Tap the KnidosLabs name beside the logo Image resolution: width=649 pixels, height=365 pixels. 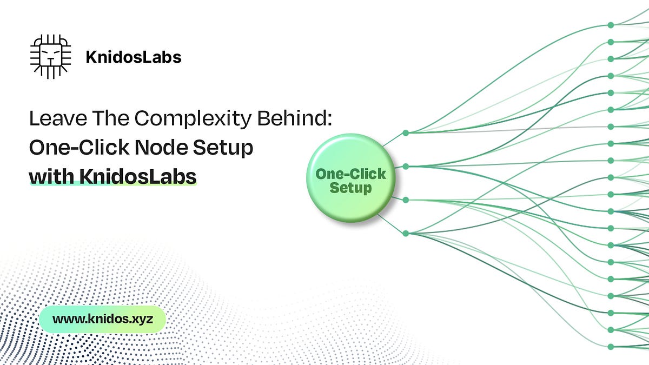pyautogui.click(x=133, y=57)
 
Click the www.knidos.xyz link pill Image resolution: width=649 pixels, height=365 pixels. pyautogui.click(x=102, y=318)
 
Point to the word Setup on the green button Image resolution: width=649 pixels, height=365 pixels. pyautogui.click(x=350, y=188)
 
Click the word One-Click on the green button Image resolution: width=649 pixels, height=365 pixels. pyautogui.click(x=350, y=174)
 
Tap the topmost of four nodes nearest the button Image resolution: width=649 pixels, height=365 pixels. pyautogui.click(x=406, y=132)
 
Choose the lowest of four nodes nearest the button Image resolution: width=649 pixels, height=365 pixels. pyautogui.click(x=406, y=234)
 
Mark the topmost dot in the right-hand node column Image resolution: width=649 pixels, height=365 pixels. pyautogui.click(x=611, y=25)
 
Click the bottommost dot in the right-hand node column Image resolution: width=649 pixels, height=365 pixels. pyautogui.click(x=611, y=347)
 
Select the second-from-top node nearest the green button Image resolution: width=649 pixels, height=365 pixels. pyautogui.click(x=406, y=165)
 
